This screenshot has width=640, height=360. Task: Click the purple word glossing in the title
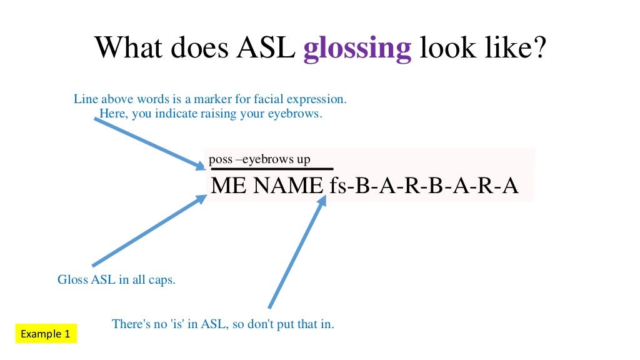(x=357, y=48)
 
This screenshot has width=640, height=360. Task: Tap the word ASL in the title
(x=267, y=47)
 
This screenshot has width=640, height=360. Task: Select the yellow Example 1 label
(x=46, y=334)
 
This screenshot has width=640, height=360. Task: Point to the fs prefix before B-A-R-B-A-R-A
(x=337, y=186)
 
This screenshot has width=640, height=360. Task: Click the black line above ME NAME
(x=272, y=169)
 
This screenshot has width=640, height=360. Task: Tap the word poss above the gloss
(x=220, y=159)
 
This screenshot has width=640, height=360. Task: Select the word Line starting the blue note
(x=86, y=99)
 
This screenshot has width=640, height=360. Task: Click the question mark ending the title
(x=539, y=47)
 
